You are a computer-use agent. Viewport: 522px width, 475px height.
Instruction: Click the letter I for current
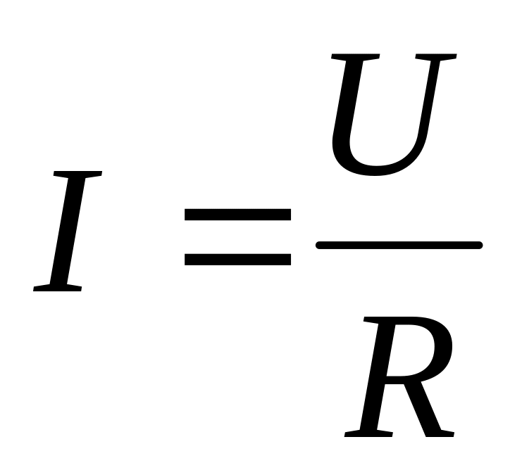click(68, 232)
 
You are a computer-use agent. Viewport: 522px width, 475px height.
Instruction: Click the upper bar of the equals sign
click(237, 215)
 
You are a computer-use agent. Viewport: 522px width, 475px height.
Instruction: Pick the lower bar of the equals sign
click(237, 260)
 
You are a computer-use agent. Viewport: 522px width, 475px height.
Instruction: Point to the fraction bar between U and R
click(399, 245)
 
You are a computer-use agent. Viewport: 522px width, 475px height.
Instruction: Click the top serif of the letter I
click(78, 175)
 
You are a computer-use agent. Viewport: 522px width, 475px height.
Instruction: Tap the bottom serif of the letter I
click(57, 288)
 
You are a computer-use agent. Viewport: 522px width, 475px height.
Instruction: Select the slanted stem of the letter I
click(68, 232)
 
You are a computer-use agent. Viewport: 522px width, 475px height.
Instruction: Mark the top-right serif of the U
click(436, 57)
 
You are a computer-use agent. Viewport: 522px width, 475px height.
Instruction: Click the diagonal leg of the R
click(423, 409)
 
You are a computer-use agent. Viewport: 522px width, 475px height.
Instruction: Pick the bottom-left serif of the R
click(368, 433)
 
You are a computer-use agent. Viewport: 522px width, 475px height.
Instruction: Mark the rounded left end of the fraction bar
click(319, 245)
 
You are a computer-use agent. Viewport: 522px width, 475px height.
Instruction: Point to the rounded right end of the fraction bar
click(480, 245)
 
